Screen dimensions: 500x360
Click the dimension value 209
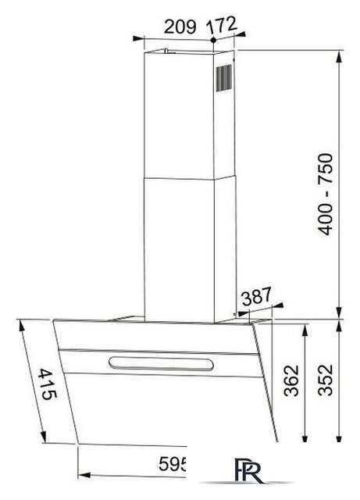click(x=180, y=25)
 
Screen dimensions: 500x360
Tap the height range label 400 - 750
click(x=326, y=195)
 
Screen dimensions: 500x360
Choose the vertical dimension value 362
click(x=291, y=381)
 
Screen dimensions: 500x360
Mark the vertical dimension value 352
click(x=327, y=381)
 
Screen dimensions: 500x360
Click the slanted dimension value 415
click(x=45, y=384)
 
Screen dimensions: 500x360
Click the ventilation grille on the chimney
click(x=224, y=79)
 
